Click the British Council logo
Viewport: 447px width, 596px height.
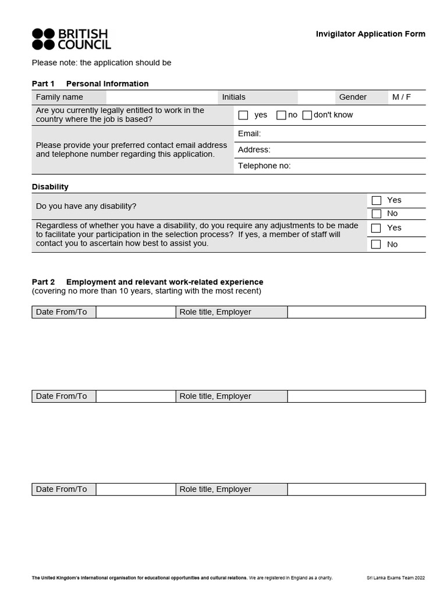[71, 39]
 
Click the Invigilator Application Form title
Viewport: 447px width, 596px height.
[370, 34]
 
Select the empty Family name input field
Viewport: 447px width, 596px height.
[161, 97]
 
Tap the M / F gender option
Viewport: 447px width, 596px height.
[402, 97]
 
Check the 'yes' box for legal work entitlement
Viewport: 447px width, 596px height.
[243, 115]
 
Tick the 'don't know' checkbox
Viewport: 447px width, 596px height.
[307, 115]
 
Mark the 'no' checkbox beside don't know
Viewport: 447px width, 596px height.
[281, 115]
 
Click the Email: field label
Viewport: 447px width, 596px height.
[249, 134]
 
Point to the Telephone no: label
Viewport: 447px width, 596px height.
[264, 166]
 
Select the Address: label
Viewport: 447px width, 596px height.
[254, 150]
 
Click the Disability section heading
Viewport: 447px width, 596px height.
[50, 187]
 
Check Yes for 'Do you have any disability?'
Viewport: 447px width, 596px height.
[377, 200]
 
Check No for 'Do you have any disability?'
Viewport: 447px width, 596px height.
[377, 214]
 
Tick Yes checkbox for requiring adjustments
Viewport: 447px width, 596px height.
[377, 228]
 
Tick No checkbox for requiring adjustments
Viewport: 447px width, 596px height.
[377, 244]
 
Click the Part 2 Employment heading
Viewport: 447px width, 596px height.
[147, 282]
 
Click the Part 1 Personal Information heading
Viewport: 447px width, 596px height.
[90, 84]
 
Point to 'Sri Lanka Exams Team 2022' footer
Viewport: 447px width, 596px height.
[396, 578]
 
